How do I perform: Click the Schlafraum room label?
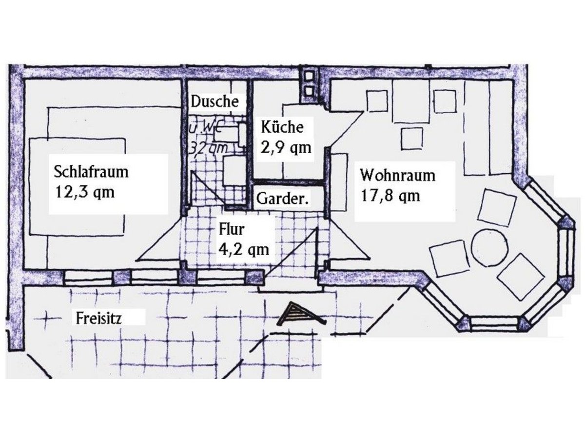pos(91,172)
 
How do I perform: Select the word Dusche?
pos(215,101)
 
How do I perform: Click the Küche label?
pos(282,127)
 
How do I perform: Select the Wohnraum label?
pos(397,175)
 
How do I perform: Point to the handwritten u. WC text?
pos(204,130)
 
